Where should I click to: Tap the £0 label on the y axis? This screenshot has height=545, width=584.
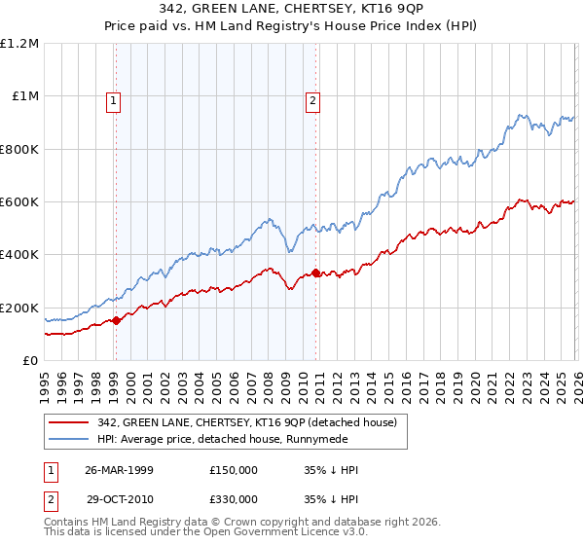point(30,361)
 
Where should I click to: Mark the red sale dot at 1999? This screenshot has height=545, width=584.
point(116,320)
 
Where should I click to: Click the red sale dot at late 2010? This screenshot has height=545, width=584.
point(315,272)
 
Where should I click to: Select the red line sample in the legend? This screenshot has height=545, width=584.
point(68,423)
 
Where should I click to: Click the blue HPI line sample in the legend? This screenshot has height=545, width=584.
point(68,440)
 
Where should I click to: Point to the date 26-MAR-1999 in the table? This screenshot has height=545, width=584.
point(119,470)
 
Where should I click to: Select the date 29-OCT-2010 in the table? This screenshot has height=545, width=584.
point(119,497)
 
